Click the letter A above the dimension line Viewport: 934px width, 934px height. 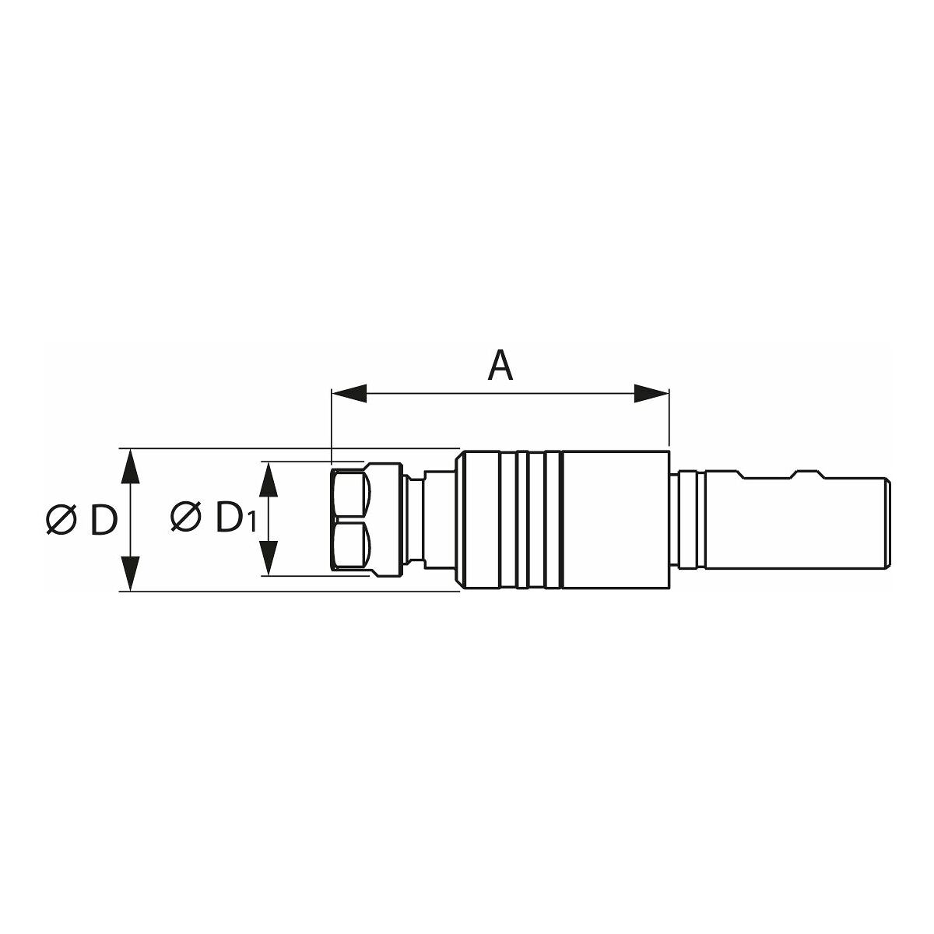click(500, 367)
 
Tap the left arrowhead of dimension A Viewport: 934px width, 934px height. click(349, 393)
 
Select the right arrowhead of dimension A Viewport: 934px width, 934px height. click(651, 393)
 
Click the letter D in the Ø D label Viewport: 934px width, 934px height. click(104, 520)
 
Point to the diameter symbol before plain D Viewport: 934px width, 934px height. click(61, 520)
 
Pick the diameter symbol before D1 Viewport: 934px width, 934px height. click(186, 517)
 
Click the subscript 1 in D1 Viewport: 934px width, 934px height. click(251, 524)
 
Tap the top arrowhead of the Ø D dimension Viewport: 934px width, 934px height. click(129, 466)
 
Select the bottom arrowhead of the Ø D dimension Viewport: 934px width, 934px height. click(129, 574)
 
